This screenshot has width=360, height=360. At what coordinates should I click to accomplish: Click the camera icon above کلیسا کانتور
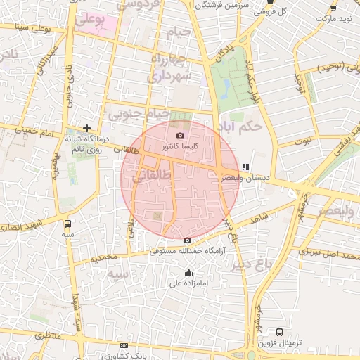[180, 135]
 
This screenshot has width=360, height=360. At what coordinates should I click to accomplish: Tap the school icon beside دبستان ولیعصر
[245, 167]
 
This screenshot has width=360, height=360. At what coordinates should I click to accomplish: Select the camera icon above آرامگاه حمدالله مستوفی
[187, 240]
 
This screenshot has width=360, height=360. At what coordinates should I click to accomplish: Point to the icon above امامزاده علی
[188, 273]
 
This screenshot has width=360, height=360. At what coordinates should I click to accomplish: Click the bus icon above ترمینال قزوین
[279, 332]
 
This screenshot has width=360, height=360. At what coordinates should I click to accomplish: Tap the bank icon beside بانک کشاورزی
[124, 345]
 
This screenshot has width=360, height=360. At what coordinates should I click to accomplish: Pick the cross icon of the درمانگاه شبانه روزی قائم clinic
[86, 128]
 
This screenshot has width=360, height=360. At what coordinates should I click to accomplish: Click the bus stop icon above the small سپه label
[67, 224]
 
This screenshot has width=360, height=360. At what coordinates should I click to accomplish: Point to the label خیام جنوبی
[138, 112]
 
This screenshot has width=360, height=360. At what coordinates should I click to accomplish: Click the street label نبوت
[302, 141]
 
